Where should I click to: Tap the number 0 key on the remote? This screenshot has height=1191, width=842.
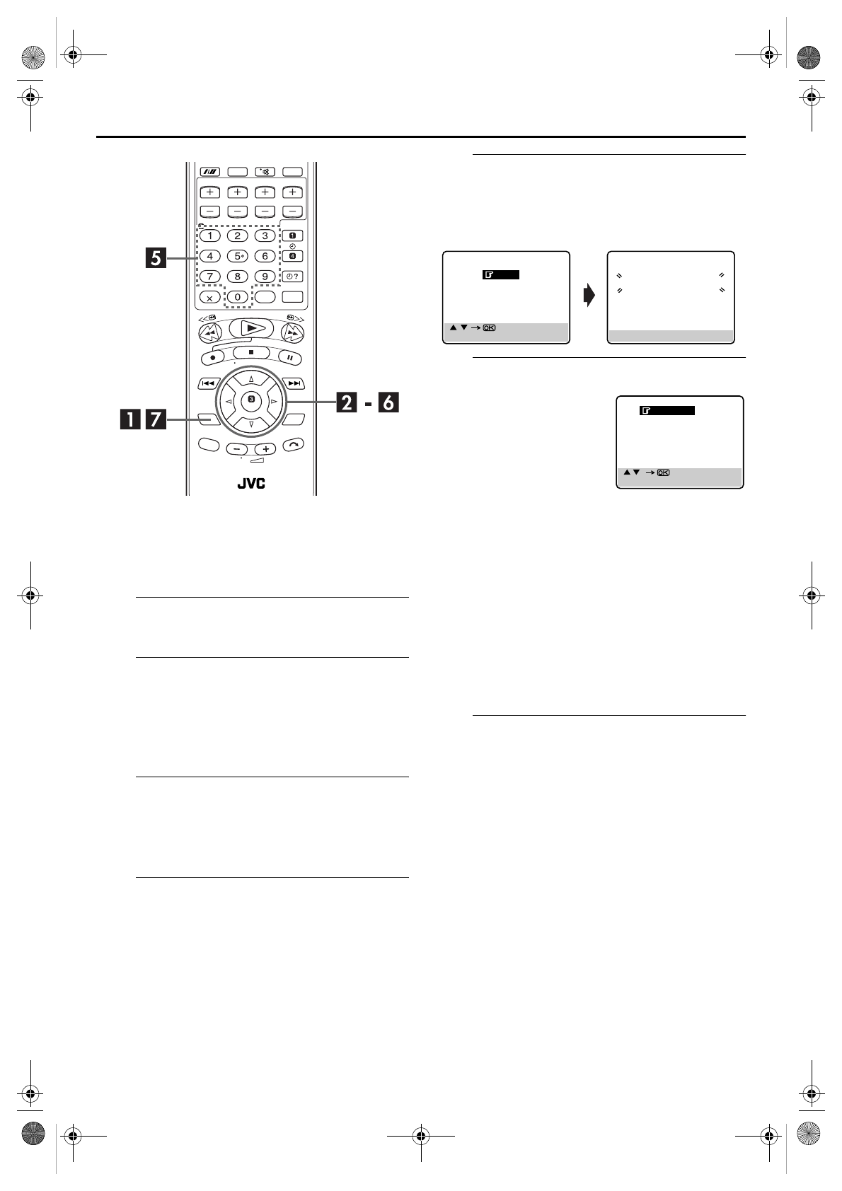[x=237, y=297]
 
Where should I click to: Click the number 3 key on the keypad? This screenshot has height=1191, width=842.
[x=265, y=236]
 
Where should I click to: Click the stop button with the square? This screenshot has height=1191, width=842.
[x=252, y=352]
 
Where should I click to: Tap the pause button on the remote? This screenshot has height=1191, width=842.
[x=290, y=358]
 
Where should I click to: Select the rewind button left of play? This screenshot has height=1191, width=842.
[x=211, y=333]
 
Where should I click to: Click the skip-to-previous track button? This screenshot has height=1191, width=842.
[x=208, y=383]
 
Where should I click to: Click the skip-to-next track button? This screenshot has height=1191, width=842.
[x=294, y=383]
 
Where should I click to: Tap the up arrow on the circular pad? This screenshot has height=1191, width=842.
[x=252, y=379]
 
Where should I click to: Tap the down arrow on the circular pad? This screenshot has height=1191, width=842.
[x=252, y=424]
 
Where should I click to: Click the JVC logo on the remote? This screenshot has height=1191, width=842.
[x=251, y=483]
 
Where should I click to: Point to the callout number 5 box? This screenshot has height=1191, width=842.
[x=156, y=258]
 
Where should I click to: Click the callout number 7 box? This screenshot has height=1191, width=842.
[x=156, y=419]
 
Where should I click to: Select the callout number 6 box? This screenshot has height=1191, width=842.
[x=388, y=402]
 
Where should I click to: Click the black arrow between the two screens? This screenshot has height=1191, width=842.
[x=589, y=295]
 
